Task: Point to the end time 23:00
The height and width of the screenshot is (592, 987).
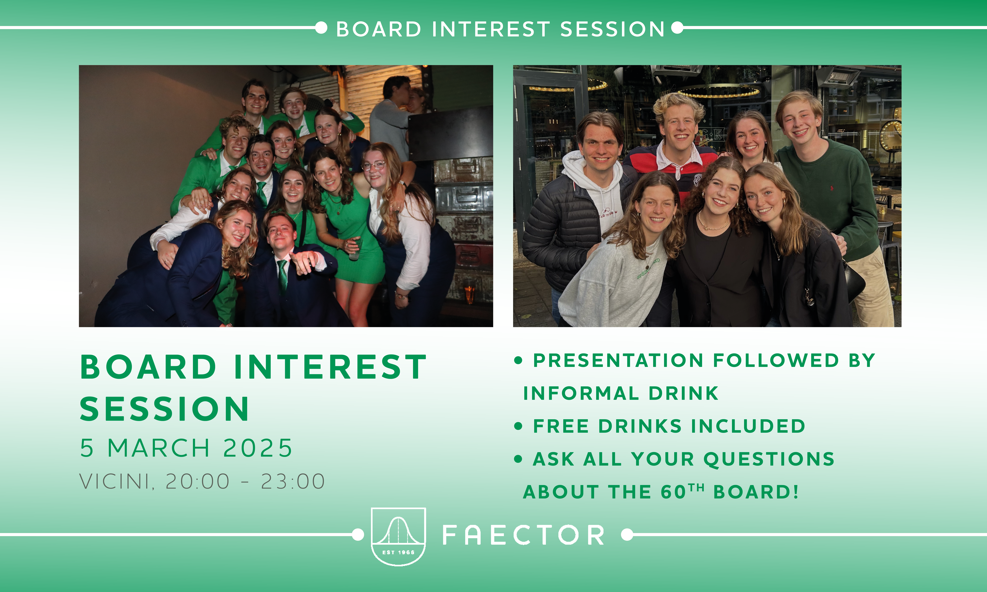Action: pos(293,481)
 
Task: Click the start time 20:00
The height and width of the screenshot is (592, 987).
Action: pos(198,481)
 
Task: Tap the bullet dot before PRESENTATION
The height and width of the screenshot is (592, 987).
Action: pos(518,361)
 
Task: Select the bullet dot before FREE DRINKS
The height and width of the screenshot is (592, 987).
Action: pos(518,426)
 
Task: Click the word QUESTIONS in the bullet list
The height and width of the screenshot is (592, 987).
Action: pos(769,459)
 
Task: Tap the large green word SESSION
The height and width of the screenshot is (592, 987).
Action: pos(164,409)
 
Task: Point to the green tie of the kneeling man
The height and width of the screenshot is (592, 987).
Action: pos(282,275)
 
